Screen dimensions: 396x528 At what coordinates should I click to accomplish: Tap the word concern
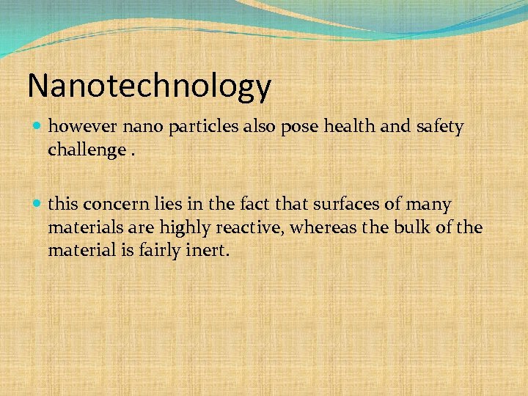114,205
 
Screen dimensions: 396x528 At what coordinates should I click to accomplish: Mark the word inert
208,251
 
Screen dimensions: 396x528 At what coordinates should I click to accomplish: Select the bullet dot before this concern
38,205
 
